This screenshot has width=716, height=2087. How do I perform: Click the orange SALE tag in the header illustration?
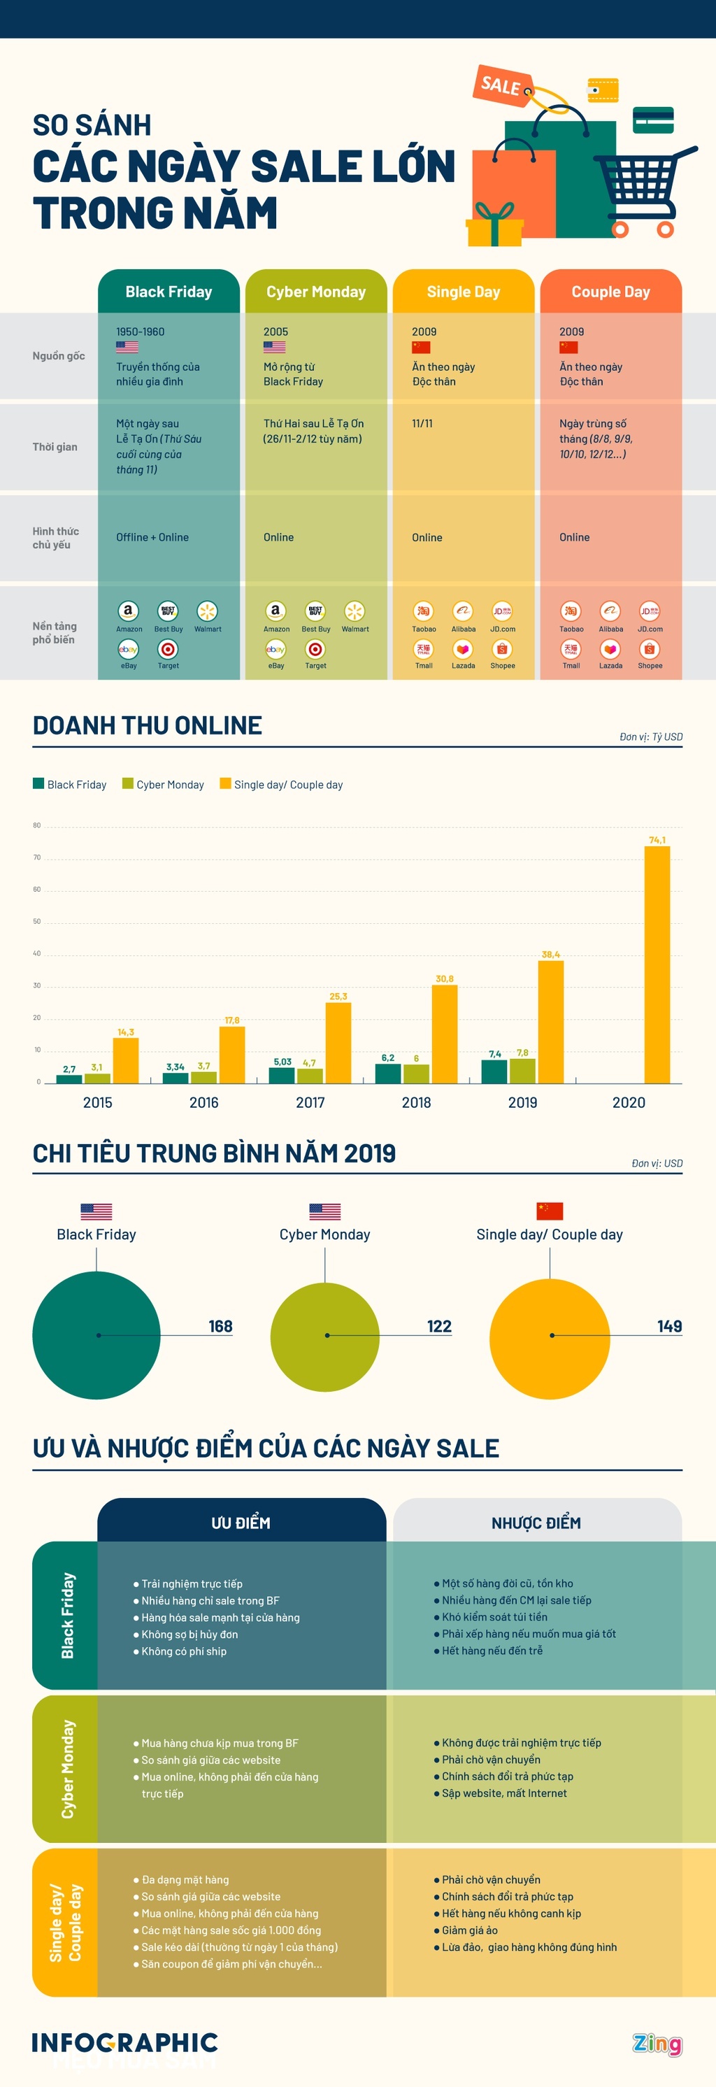point(501,84)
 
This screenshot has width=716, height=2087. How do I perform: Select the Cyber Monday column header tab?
point(316,292)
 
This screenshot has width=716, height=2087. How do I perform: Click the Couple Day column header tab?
point(610,292)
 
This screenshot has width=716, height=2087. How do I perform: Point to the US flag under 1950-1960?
point(127,348)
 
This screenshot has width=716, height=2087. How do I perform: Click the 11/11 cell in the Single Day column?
point(422,424)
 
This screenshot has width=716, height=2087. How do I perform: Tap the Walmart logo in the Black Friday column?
point(208,612)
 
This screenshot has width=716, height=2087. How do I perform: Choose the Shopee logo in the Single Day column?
point(502,650)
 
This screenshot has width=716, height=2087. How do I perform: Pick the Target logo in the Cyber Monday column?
point(315,650)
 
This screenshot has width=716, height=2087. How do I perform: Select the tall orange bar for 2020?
point(657,964)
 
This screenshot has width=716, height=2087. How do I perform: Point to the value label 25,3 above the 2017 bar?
point(338,997)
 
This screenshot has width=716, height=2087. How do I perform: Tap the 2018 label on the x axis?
point(416,1103)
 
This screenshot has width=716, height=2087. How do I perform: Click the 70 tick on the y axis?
point(36,857)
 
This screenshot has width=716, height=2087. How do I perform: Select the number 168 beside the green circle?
point(220,1326)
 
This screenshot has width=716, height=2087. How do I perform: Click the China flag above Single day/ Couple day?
point(550,1211)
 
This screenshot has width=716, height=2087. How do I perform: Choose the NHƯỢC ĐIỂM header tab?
point(536,1523)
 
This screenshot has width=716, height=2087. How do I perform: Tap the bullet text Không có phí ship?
point(184,1651)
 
